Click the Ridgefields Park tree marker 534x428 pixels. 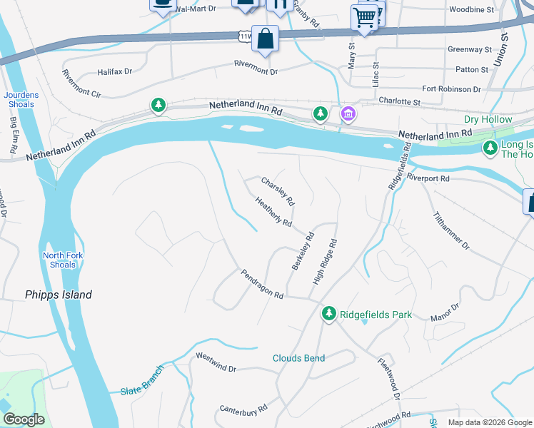[328, 313]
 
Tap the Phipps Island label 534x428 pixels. [59, 294]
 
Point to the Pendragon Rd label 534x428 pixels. [262, 284]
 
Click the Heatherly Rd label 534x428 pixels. [273, 213]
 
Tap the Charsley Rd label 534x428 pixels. [278, 191]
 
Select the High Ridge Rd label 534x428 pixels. [323, 263]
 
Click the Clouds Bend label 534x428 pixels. [298, 358]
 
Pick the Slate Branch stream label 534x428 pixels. [142, 381]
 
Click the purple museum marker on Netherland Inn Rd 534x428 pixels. [348, 113]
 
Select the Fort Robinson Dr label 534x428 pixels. [451, 89]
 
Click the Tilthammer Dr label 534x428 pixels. [451, 230]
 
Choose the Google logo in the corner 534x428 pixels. [24, 419]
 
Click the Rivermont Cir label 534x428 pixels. [82, 93]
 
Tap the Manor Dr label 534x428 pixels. [445, 312]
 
